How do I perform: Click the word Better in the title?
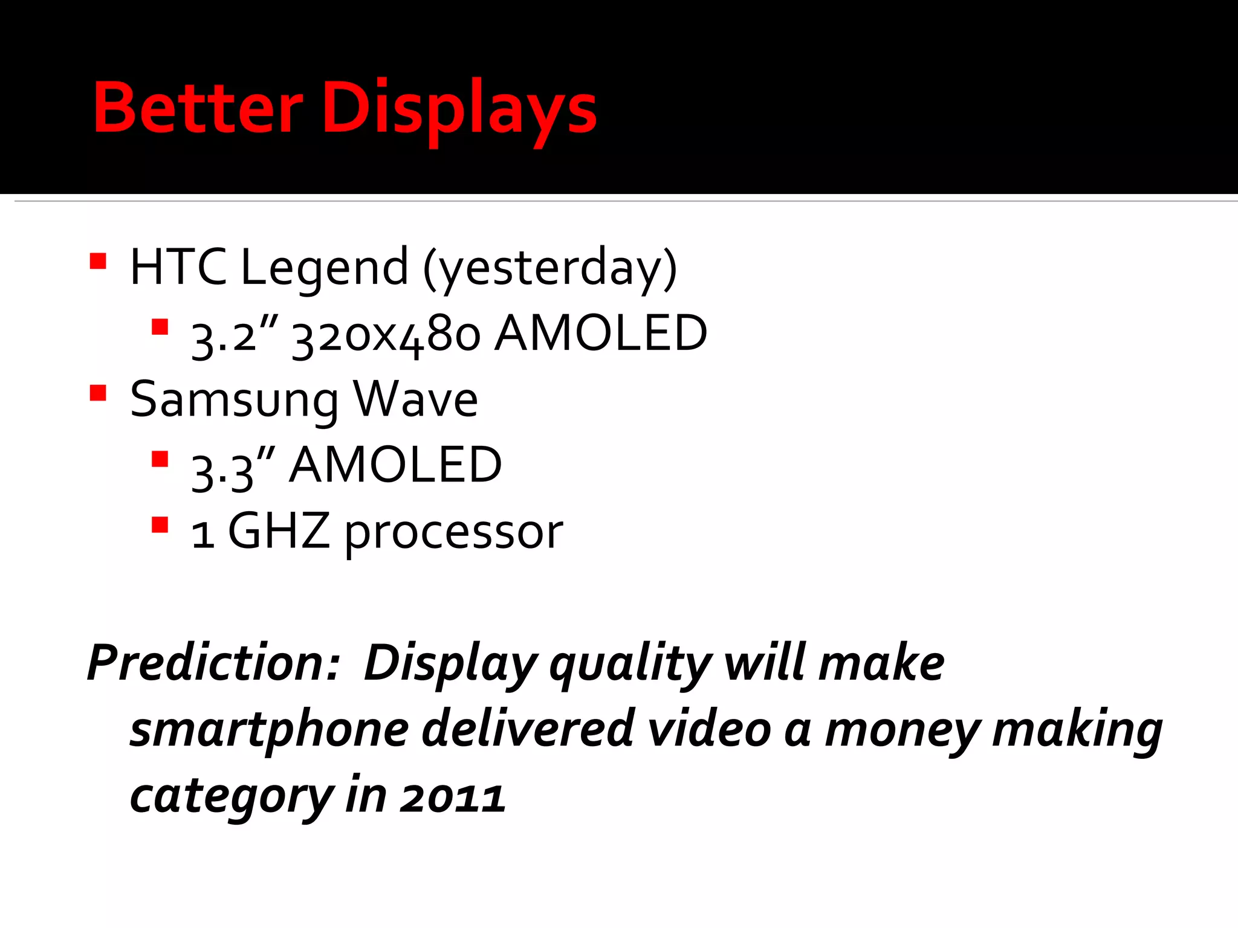pyautogui.click(x=198, y=109)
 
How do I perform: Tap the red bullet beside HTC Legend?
pyautogui.click(x=98, y=262)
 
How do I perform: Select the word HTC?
pyautogui.click(x=178, y=268)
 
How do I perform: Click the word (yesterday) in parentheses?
pyautogui.click(x=550, y=269)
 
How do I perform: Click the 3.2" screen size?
pyautogui.click(x=235, y=336)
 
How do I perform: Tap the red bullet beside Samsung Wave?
pyautogui.click(x=98, y=394)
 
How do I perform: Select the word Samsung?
pyautogui.click(x=235, y=401)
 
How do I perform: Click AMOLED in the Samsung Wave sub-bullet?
pyautogui.click(x=395, y=465)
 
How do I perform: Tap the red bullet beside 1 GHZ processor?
pyautogui.click(x=160, y=524)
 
